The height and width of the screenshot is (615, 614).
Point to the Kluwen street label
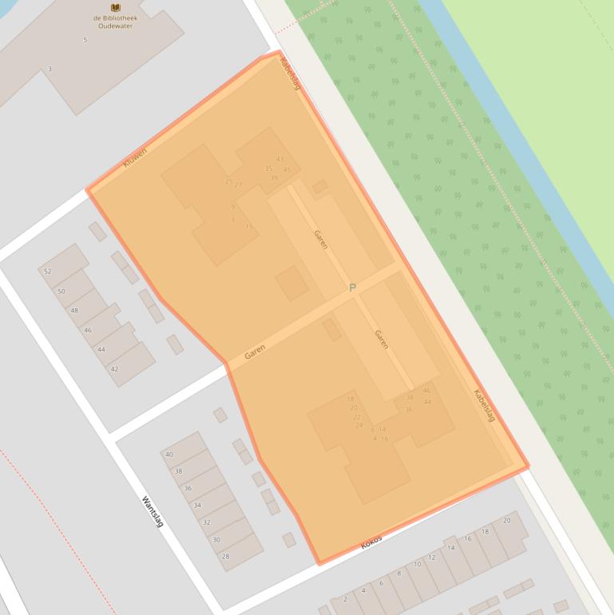click(135, 157)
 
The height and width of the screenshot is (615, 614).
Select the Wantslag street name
click(153, 512)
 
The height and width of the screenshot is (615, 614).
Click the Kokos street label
click(371, 542)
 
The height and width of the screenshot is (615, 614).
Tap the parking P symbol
click(352, 288)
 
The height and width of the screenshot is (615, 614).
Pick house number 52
click(48, 272)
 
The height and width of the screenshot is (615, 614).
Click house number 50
click(61, 292)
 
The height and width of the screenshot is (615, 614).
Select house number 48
click(74, 311)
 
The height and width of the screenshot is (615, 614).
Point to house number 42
click(114, 369)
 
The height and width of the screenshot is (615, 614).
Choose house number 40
click(169, 454)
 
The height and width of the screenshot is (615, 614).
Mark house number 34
click(197, 506)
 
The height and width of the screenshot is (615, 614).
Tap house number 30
click(216, 540)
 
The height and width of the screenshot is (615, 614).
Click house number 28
click(226, 557)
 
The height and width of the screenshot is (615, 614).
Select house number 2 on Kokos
click(345, 599)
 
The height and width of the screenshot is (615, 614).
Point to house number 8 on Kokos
click(398, 573)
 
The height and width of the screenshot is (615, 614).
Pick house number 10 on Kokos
click(417, 565)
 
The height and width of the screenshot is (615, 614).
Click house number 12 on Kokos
click(432, 557)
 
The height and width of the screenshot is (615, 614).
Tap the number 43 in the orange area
click(279, 159)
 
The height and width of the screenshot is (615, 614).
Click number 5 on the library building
click(85, 39)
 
